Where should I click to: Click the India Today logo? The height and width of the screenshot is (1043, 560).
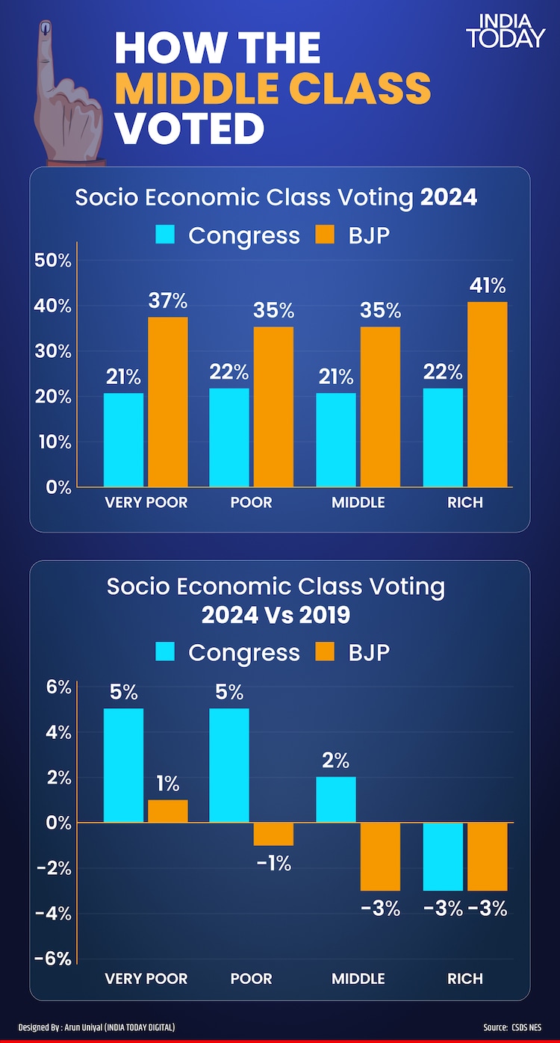click(x=505, y=31)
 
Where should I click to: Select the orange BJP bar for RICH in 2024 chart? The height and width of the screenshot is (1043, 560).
click(x=488, y=394)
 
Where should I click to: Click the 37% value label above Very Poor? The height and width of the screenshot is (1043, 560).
click(x=167, y=301)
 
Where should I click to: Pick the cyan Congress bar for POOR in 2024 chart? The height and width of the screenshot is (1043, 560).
click(x=229, y=437)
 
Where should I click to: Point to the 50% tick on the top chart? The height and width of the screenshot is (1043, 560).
click(x=53, y=261)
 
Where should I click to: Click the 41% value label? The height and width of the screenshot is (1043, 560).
click(x=488, y=286)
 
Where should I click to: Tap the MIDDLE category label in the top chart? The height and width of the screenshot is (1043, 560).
click(x=358, y=502)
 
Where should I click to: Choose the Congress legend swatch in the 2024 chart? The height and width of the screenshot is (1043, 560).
click(x=165, y=235)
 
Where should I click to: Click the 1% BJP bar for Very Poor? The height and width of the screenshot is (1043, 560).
click(x=167, y=811)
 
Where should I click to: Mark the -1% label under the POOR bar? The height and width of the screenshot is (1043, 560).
click(x=273, y=864)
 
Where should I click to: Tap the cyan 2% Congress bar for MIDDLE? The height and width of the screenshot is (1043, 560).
click(x=336, y=799)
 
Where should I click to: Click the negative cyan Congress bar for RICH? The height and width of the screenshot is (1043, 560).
click(x=444, y=856)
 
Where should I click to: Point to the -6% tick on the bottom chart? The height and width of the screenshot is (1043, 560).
click(x=53, y=959)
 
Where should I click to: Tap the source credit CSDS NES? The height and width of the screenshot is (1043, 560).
click(x=527, y=1027)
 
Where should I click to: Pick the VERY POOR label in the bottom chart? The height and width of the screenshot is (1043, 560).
click(x=146, y=978)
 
